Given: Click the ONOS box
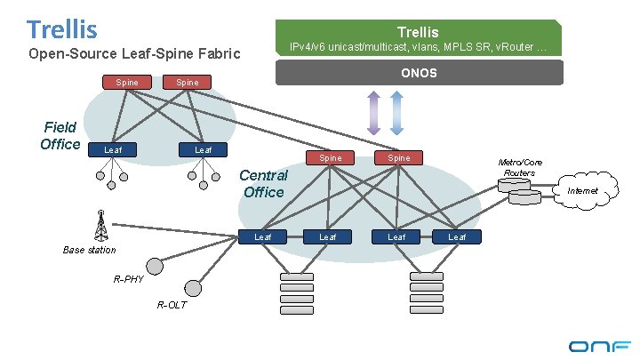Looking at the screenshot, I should click(420, 72).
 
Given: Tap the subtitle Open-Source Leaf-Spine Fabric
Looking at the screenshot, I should click(135, 55).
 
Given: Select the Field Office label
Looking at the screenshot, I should click(60, 136).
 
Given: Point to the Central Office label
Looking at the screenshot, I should click(263, 184).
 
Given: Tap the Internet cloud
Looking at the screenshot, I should click(583, 190).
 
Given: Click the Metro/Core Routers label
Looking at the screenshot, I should click(519, 167).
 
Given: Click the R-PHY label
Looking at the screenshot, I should click(129, 279).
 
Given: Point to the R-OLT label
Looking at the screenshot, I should click(172, 306).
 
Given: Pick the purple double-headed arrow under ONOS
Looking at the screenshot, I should click(373, 113).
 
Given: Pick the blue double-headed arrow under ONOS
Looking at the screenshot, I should click(397, 113).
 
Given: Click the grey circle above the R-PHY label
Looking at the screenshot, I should click(156, 266).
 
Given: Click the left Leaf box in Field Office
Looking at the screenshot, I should click(113, 149).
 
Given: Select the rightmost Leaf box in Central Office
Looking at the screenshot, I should click(458, 236).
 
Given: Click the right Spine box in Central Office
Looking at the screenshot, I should click(399, 158).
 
